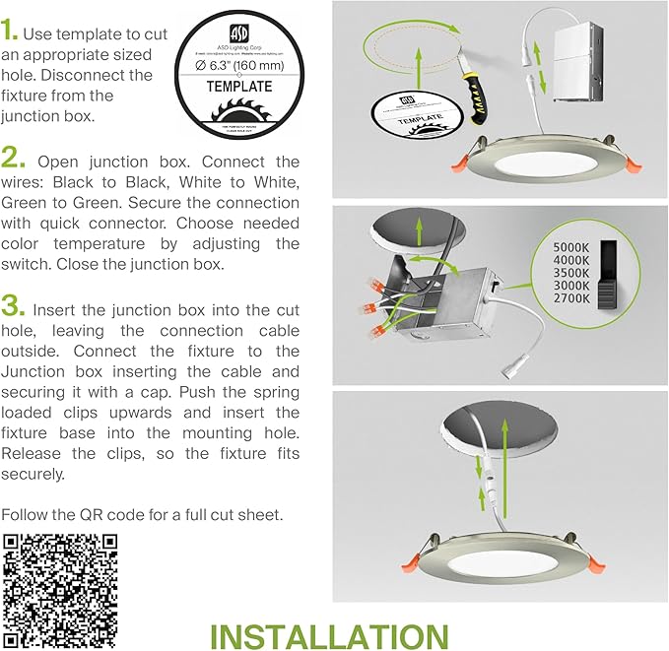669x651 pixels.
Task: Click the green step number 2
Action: coord(14,158)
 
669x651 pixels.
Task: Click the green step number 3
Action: coord(14,301)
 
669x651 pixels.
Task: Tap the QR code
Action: coord(60,586)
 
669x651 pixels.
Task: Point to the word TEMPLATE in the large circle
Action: coord(238,87)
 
